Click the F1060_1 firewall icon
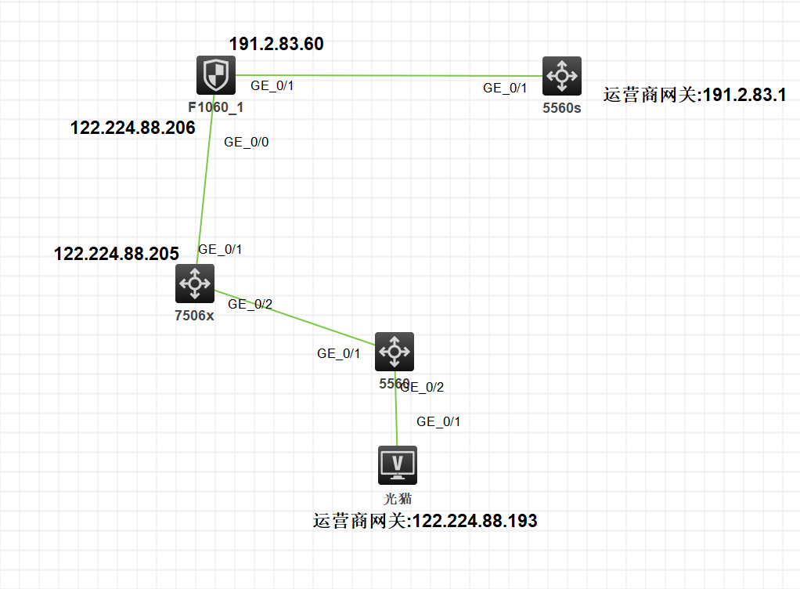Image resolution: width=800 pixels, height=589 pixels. click(x=214, y=75)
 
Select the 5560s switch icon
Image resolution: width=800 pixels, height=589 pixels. click(x=561, y=76)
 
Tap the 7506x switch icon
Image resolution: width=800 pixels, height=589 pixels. click(x=194, y=283)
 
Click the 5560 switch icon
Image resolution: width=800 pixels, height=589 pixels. click(x=394, y=352)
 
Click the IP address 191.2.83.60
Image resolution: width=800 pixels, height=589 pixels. click(x=276, y=44)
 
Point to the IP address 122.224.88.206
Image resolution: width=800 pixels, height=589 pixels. click(x=133, y=128)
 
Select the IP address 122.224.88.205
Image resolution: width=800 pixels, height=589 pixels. click(x=117, y=254)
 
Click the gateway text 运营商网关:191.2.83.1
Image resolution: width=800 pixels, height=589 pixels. click(x=694, y=96)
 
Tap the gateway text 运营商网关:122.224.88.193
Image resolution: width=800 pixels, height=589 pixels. click(x=425, y=521)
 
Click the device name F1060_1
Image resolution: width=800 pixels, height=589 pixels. click(x=215, y=107)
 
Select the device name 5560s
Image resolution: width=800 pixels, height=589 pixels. click(x=561, y=108)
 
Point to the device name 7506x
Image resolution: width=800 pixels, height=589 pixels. click(x=194, y=315)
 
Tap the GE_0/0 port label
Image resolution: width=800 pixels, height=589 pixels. click(x=246, y=142)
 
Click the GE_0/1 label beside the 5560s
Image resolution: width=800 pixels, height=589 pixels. click(x=505, y=89)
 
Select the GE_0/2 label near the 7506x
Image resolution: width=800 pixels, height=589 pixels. click(x=250, y=304)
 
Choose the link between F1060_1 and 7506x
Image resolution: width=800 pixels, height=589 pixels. click(x=205, y=180)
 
